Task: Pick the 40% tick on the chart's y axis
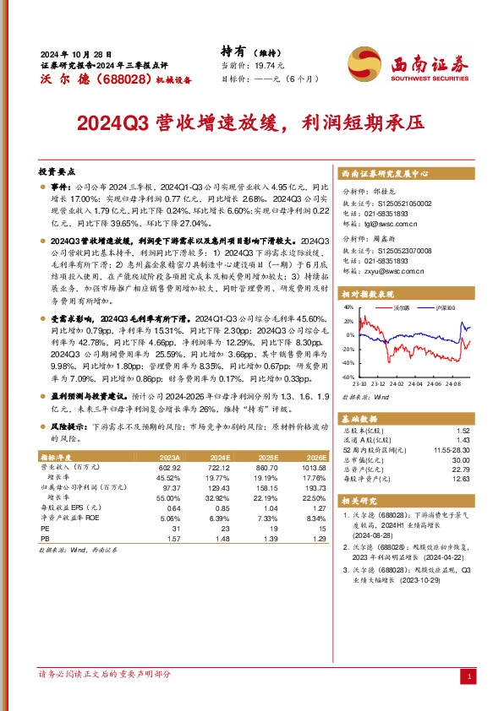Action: pyautogui.click(x=348, y=308)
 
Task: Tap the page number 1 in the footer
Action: pyautogui.click(x=468, y=676)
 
